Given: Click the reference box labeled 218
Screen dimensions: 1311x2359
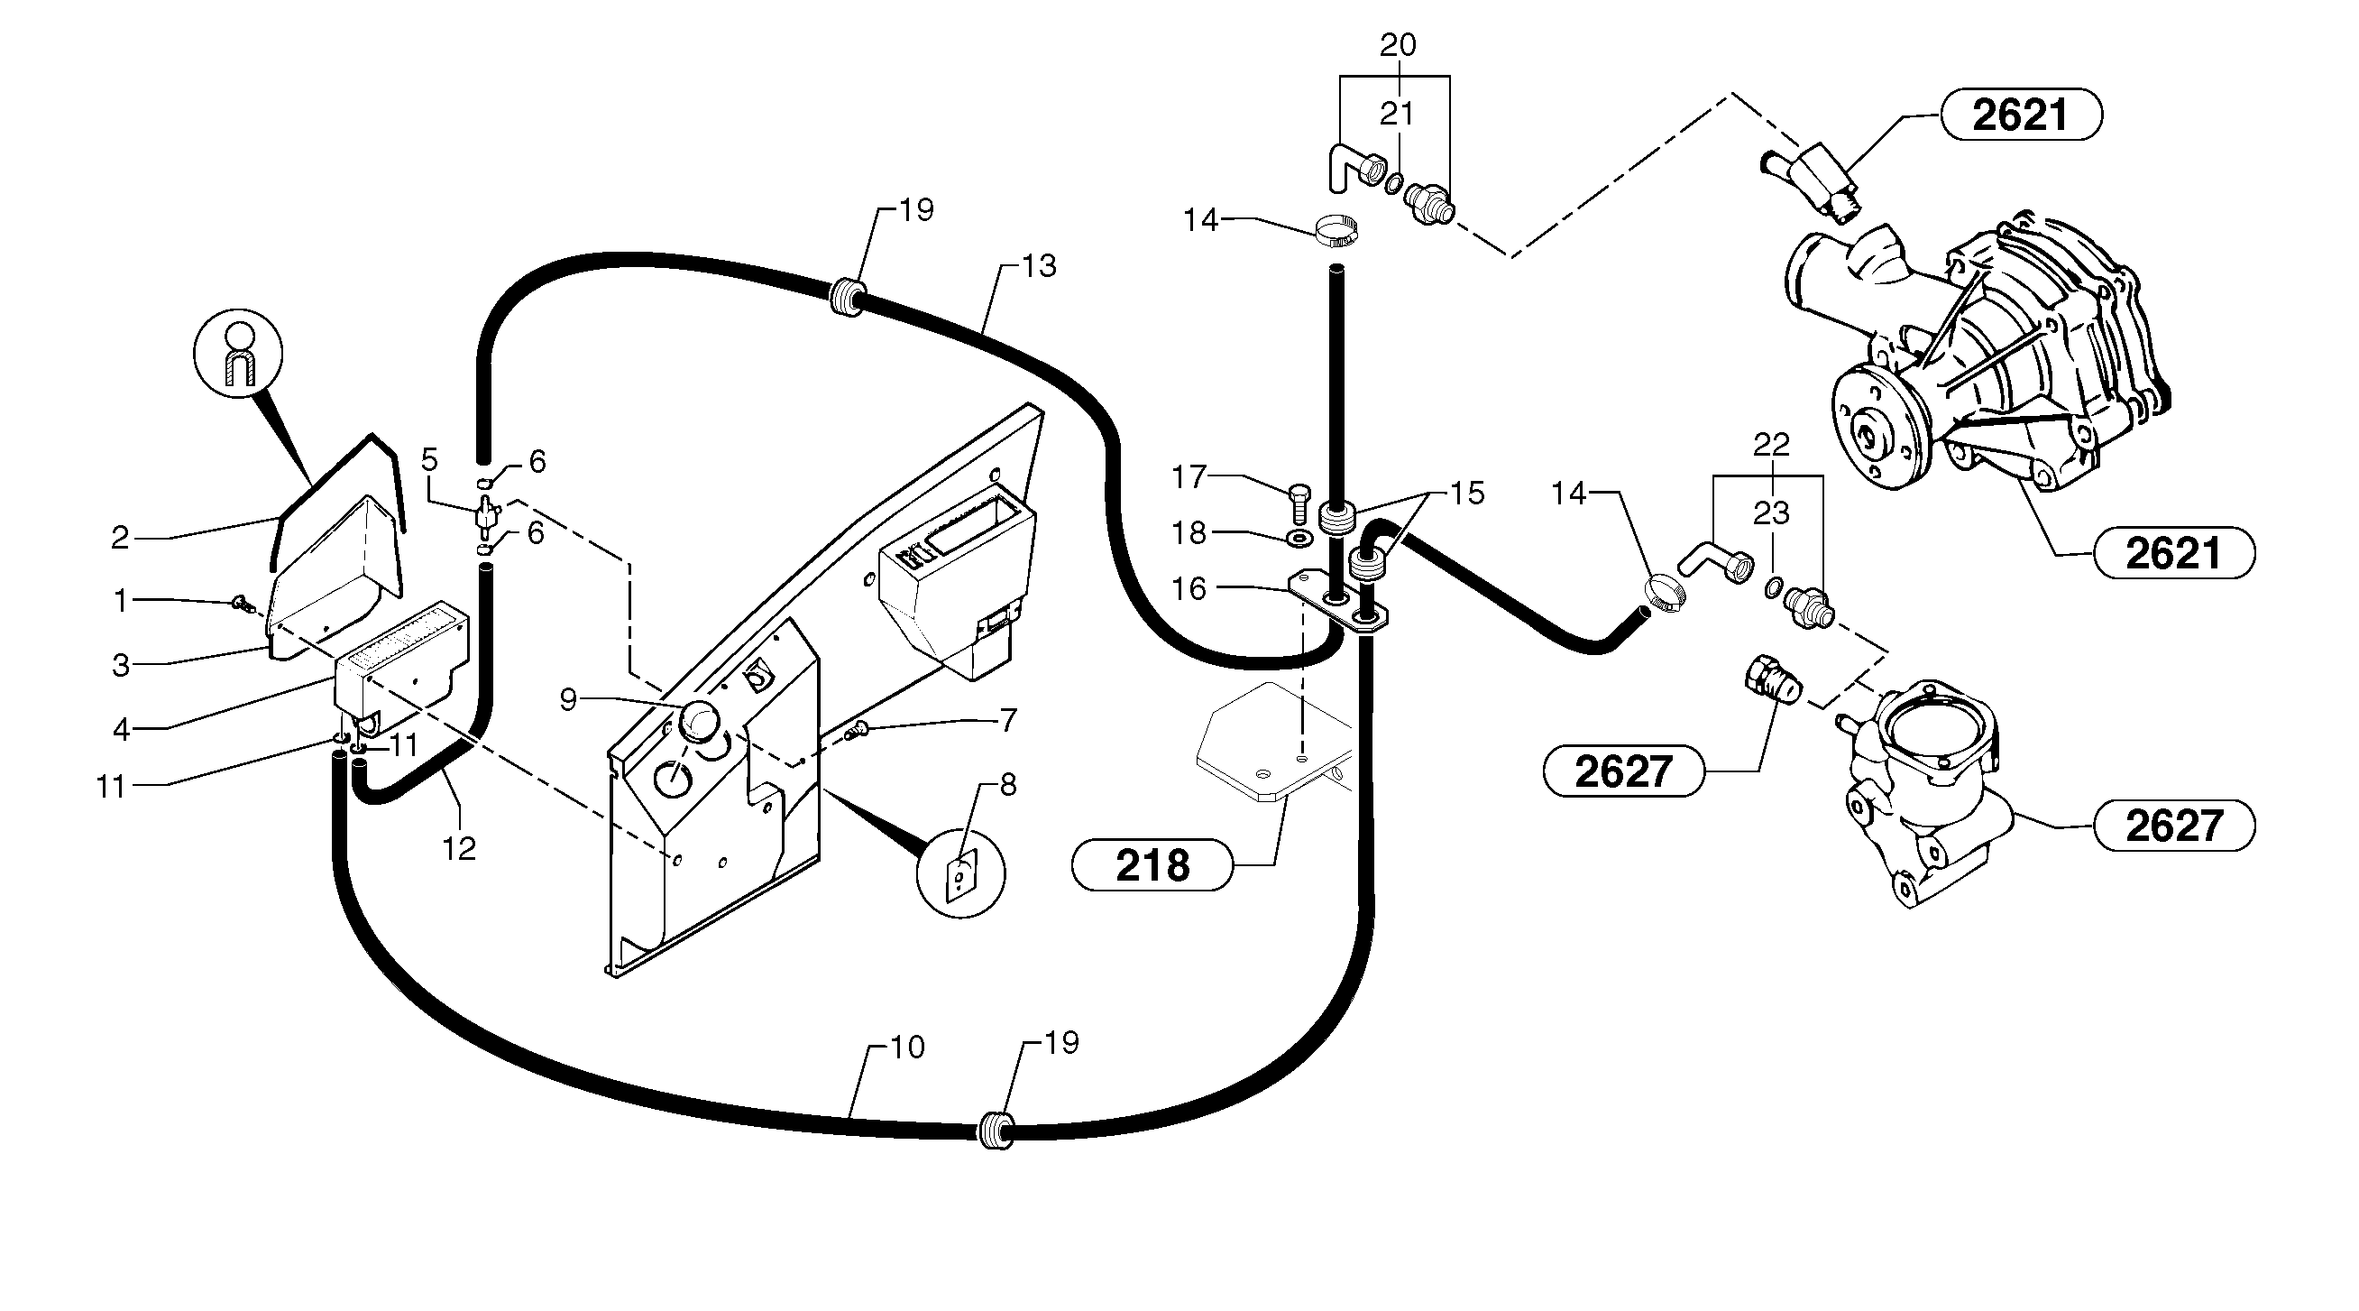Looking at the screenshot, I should click(x=1152, y=865).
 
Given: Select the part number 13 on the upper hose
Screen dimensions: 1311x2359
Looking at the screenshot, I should click(x=1039, y=265).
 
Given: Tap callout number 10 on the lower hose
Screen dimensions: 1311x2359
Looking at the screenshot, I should click(x=906, y=1048).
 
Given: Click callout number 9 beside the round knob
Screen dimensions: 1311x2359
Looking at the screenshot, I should click(x=568, y=700).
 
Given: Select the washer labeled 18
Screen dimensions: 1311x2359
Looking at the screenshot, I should click(x=1298, y=535).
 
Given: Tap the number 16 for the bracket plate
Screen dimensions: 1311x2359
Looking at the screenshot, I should click(x=1189, y=588).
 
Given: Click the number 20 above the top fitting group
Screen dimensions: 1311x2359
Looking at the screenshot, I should click(x=1398, y=45).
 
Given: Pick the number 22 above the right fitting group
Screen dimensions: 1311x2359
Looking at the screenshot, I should click(x=1771, y=444).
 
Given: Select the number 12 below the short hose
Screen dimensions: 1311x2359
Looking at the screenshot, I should click(x=459, y=849).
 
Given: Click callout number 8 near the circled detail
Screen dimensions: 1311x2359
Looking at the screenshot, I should click(x=1007, y=784).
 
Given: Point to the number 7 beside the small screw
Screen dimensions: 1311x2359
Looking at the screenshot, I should click(x=1007, y=721).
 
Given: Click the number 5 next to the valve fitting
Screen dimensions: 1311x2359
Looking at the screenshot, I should click(x=429, y=460).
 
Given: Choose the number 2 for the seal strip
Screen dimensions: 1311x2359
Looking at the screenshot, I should click(x=120, y=538).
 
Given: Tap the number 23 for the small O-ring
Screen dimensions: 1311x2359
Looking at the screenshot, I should click(x=1771, y=512).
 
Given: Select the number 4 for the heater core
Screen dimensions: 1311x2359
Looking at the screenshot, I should click(x=121, y=730).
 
